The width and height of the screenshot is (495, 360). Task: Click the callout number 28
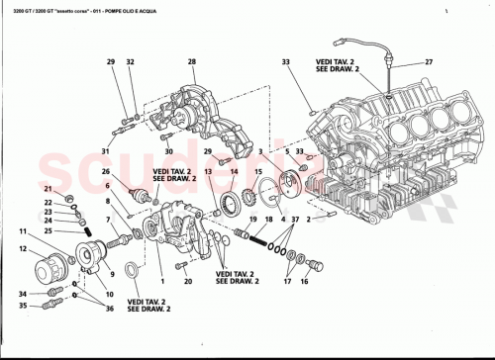coord(191,61)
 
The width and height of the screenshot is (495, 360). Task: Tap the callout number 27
coord(429,62)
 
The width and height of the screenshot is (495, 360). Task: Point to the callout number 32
coord(131,61)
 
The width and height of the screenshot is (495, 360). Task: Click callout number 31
coord(105,151)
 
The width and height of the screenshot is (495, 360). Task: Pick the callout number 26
coord(105,171)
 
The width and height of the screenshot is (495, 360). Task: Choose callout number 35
coord(22,306)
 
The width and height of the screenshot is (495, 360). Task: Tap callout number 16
coord(304,282)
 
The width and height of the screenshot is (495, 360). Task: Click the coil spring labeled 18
coord(260,238)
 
